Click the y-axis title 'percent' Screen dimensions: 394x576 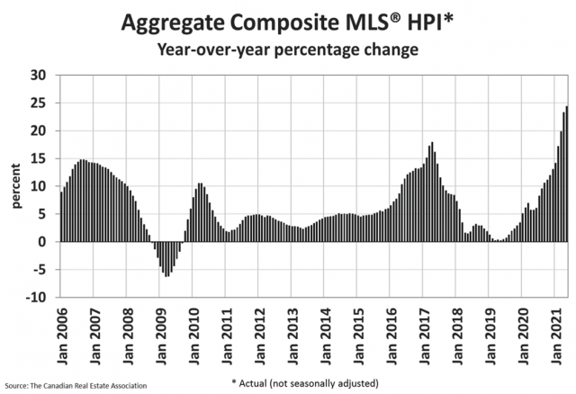click(x=15, y=186)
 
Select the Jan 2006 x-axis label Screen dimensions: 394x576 click(x=62, y=332)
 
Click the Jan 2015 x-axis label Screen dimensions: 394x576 click(x=358, y=332)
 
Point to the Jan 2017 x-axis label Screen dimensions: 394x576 click(x=425, y=332)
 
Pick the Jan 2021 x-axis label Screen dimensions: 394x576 click(x=558, y=332)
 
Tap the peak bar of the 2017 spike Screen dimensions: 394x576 click(x=433, y=192)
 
